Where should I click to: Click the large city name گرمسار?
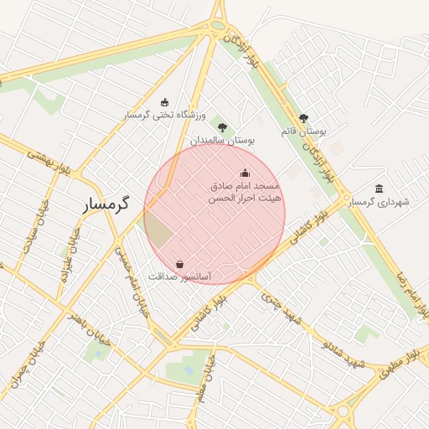click(108, 204)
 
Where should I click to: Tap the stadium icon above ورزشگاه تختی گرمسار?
click(163, 101)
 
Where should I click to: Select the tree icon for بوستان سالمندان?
click(222, 127)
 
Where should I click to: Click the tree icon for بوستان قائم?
click(303, 119)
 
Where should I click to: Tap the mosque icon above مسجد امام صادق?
click(245, 173)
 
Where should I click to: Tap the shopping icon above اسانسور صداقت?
click(179, 263)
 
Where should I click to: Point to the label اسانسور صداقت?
click(179, 276)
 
